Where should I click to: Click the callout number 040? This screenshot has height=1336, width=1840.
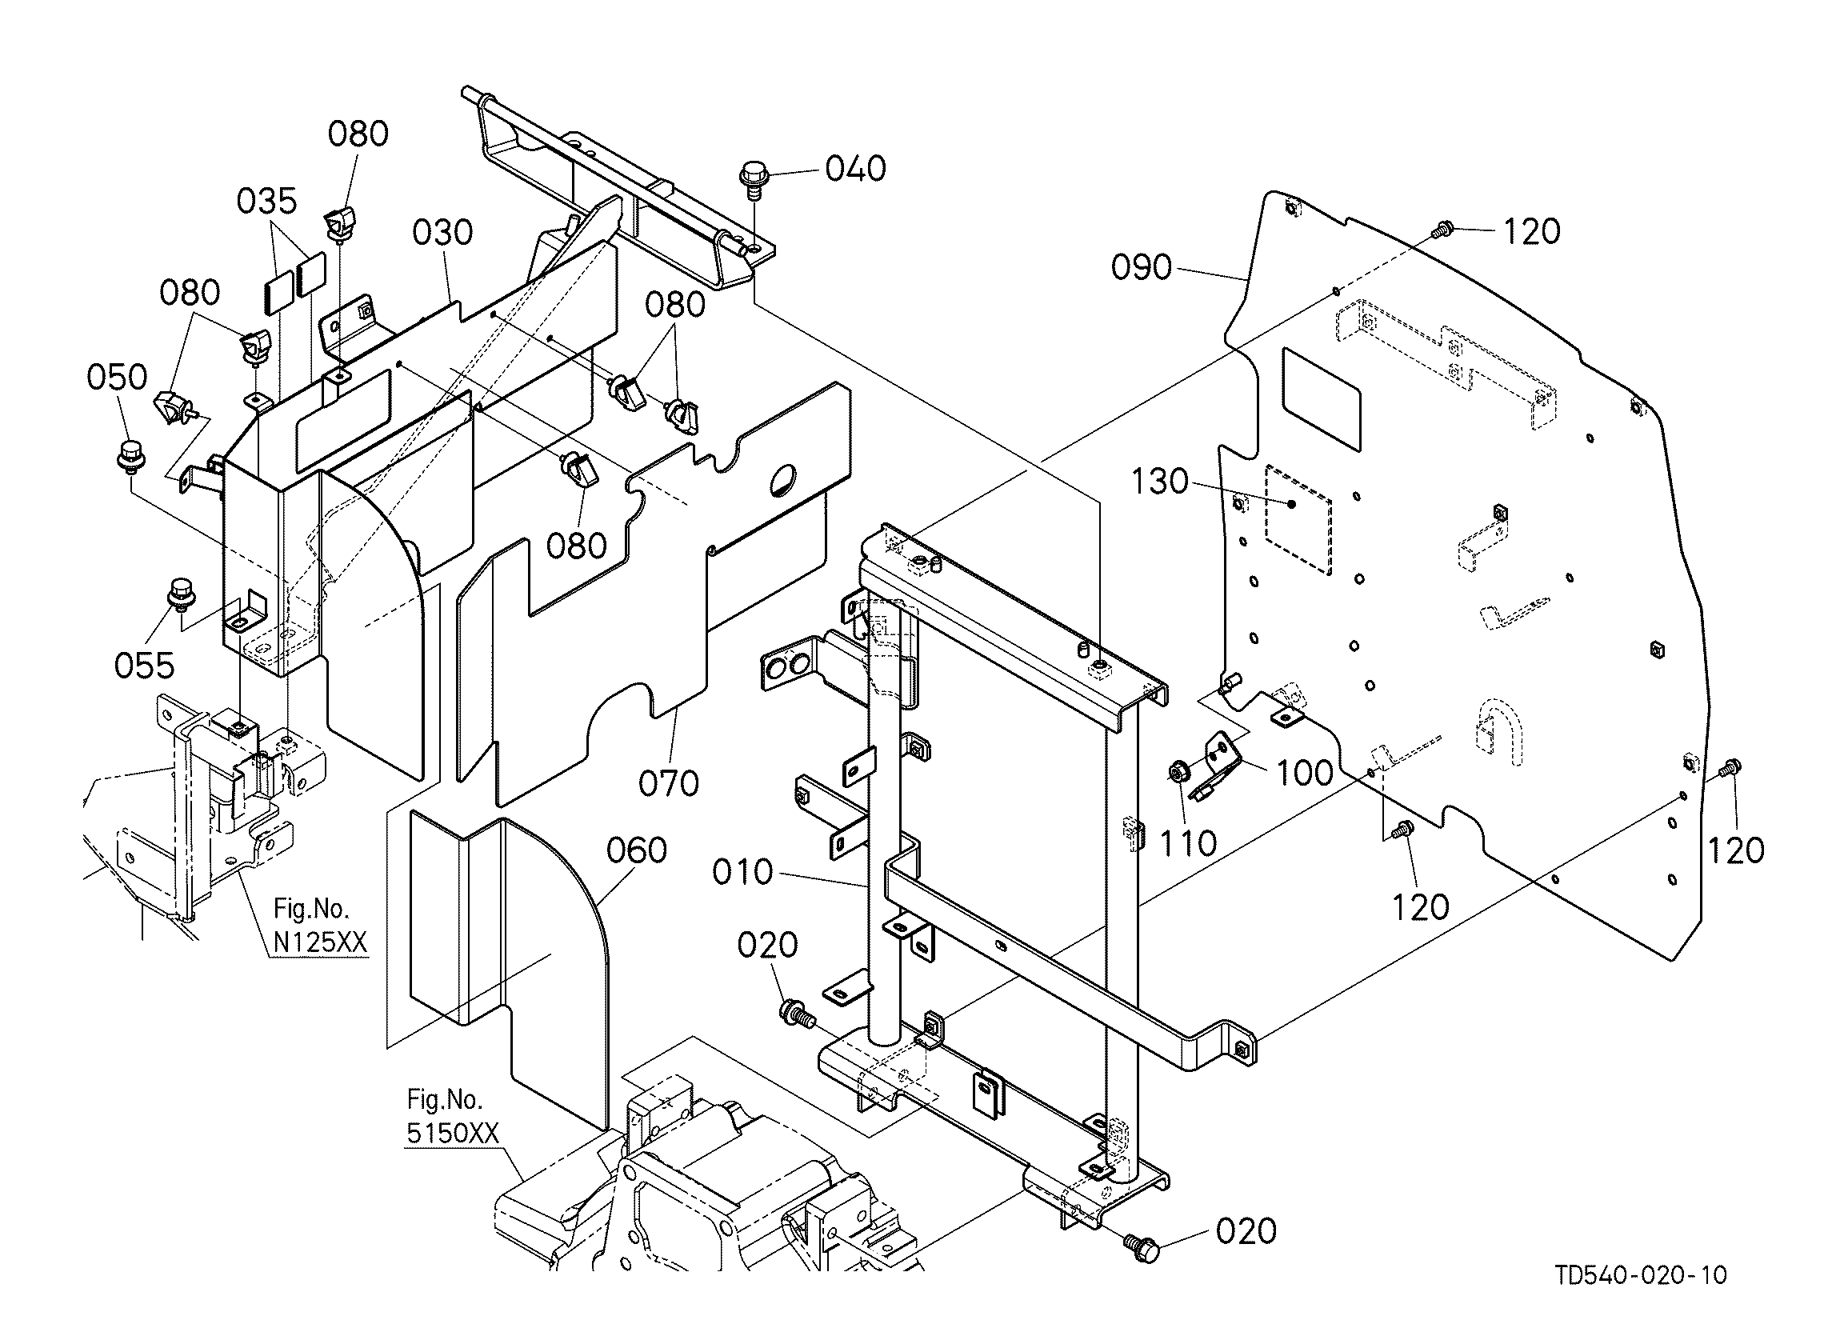855,169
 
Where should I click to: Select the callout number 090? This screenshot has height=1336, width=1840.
1142,267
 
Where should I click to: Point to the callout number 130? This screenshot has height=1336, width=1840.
1159,482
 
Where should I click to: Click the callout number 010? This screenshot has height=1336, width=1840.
743,872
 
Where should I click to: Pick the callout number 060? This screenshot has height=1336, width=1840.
637,851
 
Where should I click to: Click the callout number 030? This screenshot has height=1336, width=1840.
442,233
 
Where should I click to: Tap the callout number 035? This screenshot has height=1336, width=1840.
267,200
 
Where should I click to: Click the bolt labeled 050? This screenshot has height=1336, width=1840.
128,456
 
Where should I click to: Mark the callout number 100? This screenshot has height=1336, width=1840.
1306,773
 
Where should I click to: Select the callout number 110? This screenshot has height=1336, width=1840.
1189,844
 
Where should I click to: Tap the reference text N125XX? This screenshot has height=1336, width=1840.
321,942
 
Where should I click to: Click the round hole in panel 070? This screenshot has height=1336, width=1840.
786,478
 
